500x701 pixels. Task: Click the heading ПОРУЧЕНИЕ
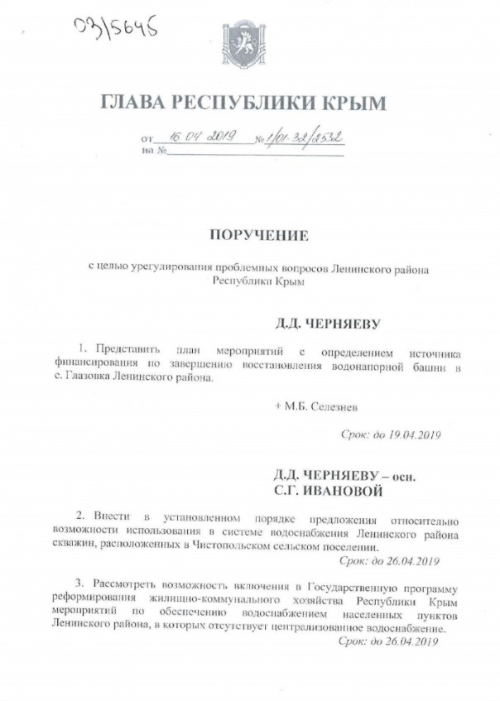click(x=258, y=235)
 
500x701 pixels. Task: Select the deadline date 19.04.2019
click(x=406, y=434)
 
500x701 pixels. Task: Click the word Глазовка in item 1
click(x=102, y=377)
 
